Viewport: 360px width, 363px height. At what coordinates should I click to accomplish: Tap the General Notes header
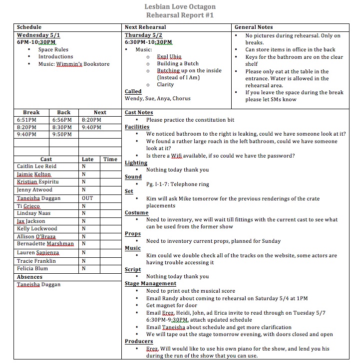click(254, 27)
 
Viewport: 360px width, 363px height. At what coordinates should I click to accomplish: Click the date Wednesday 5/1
click(38, 35)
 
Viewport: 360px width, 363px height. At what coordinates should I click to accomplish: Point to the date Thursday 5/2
click(144, 35)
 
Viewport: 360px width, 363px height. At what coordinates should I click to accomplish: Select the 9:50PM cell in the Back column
click(62, 135)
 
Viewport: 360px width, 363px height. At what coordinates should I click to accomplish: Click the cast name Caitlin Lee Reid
click(36, 167)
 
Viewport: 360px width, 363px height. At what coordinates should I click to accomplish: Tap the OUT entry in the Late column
click(87, 198)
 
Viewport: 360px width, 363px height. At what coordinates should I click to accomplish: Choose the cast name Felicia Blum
click(32, 268)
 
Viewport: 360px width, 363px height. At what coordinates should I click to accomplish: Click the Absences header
click(29, 277)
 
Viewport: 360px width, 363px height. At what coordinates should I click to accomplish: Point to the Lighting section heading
click(136, 163)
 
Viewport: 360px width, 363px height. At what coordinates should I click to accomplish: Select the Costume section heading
click(136, 212)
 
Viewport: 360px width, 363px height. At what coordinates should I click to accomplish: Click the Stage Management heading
click(150, 284)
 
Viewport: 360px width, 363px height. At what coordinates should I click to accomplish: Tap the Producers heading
click(139, 342)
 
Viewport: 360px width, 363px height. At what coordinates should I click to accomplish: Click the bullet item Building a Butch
click(178, 64)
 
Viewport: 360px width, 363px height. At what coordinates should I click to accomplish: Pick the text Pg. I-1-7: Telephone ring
click(184, 184)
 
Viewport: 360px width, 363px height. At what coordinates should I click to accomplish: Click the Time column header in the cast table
click(110, 159)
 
